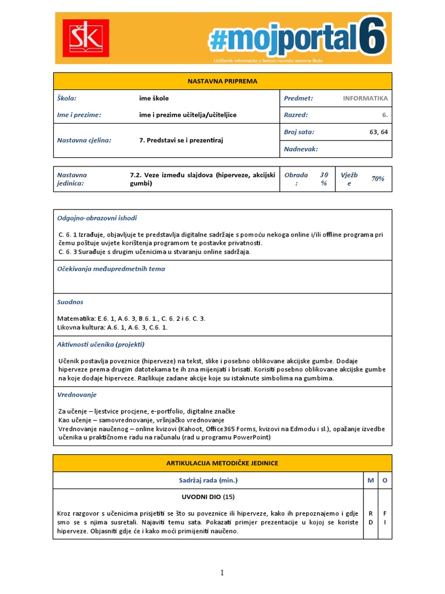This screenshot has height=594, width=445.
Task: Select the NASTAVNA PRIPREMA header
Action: tap(222, 81)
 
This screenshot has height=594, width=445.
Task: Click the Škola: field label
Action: tap(67, 99)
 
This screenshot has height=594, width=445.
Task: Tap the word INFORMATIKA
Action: tap(365, 99)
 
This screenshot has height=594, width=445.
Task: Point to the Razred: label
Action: tap(296, 115)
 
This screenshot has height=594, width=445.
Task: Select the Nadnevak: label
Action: tap(301, 149)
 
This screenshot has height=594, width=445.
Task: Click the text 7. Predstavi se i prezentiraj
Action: tap(181, 140)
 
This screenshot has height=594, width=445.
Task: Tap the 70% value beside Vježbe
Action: tap(378, 179)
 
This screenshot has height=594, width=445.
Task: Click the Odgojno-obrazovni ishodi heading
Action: tap(97, 218)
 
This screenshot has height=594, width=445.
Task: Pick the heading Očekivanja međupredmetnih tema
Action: tap(111, 269)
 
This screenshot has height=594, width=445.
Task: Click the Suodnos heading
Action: tap(70, 302)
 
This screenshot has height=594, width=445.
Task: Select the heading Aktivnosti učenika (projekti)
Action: tap(100, 344)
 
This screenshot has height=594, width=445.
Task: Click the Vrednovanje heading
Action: tap(77, 394)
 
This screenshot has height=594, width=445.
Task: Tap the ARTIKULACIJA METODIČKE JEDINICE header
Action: tap(222, 463)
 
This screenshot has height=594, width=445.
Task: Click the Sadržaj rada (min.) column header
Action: tap(208, 480)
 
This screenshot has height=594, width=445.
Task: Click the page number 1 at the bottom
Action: tap(221, 573)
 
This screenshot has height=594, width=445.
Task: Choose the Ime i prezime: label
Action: tap(79, 115)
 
